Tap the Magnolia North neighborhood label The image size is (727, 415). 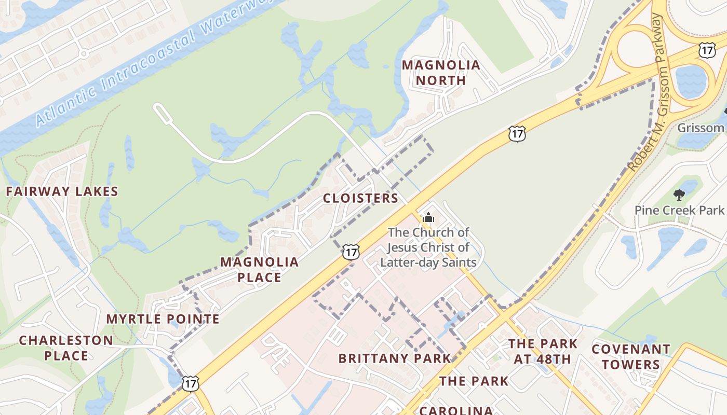[x=441, y=73]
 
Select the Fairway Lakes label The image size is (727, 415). [x=62, y=191]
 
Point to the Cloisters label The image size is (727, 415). [x=360, y=198]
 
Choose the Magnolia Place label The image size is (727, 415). [x=259, y=269]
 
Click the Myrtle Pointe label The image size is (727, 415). [x=163, y=319]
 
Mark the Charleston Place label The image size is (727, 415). [x=66, y=348]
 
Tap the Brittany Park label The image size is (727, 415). [x=395, y=358]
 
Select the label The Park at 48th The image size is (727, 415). [x=543, y=351]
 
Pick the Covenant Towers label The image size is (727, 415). [x=631, y=356]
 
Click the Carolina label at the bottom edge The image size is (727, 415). [x=456, y=410]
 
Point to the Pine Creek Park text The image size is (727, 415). [x=679, y=210]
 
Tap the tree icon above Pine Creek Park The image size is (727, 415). [x=679, y=195]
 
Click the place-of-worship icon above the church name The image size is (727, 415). [x=428, y=217]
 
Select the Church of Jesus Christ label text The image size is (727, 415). [x=428, y=247]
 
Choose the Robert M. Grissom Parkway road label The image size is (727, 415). [x=647, y=93]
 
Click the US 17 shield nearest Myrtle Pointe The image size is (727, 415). [x=190, y=383]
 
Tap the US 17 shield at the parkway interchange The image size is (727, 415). [x=706, y=50]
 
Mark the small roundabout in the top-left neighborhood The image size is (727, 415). [x=83, y=53]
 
